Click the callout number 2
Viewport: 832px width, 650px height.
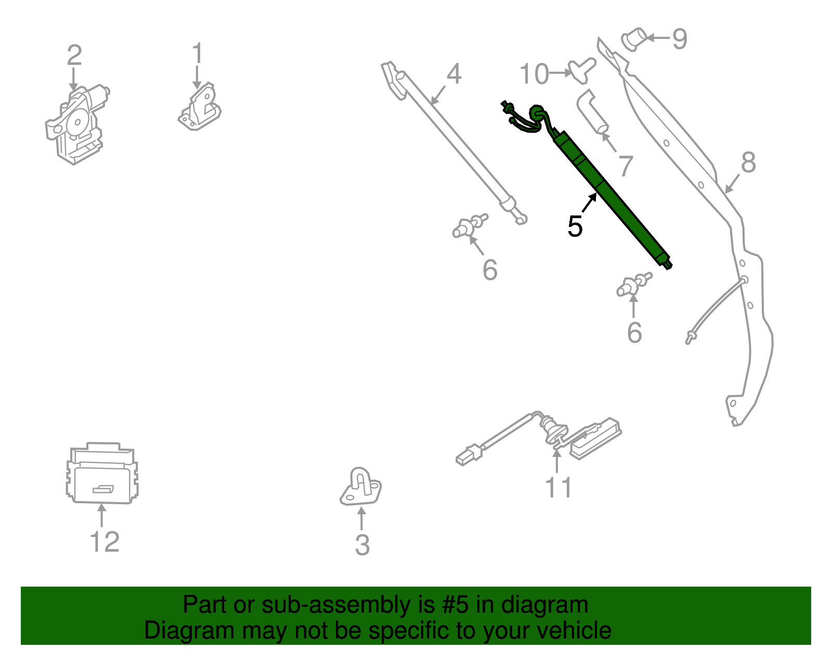pos(74,55)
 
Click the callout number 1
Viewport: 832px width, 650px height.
pos(197,54)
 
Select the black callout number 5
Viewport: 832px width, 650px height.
pos(575,226)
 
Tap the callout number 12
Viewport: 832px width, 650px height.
pos(105,542)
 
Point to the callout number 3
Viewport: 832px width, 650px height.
pos(362,545)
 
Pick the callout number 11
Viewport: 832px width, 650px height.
pos(558,488)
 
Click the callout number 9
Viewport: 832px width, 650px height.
pos(679,39)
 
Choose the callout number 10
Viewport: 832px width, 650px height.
pos(534,74)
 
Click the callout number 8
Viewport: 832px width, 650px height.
pos(748,162)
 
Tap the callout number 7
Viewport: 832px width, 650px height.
pos(626,166)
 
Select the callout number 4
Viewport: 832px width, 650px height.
pos(454,74)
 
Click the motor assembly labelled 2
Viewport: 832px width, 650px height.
pos(75,125)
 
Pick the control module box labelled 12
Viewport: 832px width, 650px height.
pos(102,474)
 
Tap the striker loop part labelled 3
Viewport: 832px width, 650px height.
pos(360,487)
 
